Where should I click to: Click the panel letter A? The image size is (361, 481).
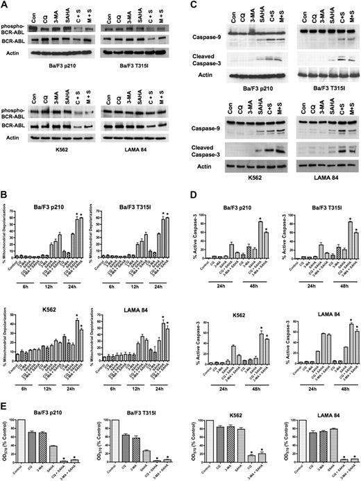[x=6, y=6]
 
